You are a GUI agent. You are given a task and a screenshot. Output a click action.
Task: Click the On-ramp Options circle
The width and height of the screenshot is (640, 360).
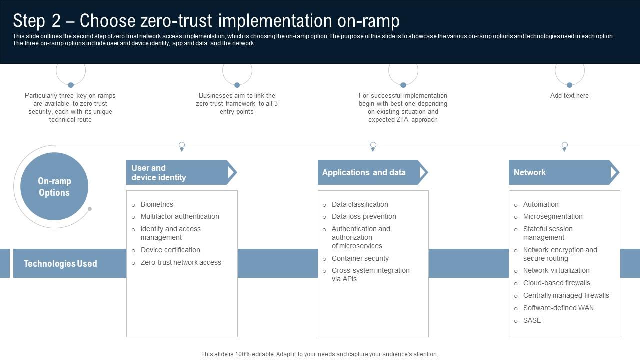[54, 187]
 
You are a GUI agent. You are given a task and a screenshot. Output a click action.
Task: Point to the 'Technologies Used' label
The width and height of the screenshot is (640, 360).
[60, 263]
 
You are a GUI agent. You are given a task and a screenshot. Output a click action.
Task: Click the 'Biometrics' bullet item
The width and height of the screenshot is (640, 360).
[157, 204]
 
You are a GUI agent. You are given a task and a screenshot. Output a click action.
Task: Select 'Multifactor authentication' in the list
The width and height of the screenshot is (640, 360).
[180, 216]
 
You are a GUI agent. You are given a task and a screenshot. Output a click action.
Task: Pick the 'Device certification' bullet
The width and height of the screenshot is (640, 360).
[170, 250]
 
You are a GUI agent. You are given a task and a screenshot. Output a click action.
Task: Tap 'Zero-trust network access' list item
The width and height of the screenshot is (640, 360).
[181, 262]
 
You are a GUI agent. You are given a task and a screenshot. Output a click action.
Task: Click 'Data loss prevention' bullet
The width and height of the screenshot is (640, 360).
[364, 216]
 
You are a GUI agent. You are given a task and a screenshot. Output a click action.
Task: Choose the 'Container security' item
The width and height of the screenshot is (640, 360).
[360, 258]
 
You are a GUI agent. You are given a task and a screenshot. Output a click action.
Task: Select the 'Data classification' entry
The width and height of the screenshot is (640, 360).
[360, 204]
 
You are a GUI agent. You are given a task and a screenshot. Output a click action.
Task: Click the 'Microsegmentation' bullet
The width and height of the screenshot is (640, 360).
[553, 216]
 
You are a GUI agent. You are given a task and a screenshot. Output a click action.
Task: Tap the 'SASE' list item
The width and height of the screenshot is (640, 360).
[532, 320]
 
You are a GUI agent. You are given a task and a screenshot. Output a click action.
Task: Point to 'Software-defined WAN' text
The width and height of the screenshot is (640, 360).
[558, 308]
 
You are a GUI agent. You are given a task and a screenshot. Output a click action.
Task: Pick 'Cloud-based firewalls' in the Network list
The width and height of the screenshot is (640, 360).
[556, 283]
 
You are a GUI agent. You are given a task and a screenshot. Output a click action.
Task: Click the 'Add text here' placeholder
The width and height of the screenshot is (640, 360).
[569, 95]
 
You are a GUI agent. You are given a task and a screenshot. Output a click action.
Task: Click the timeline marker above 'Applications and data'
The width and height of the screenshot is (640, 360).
[373, 145]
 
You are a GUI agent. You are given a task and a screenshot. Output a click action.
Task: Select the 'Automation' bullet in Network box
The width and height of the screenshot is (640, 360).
[541, 204]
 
